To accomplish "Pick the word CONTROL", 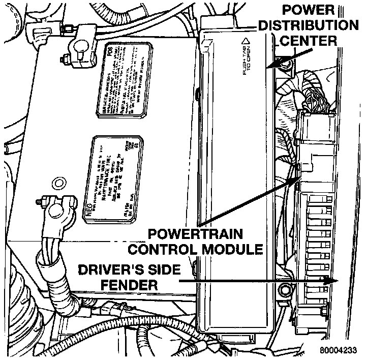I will (x=163, y=249).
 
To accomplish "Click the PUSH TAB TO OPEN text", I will (x=246, y=55).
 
